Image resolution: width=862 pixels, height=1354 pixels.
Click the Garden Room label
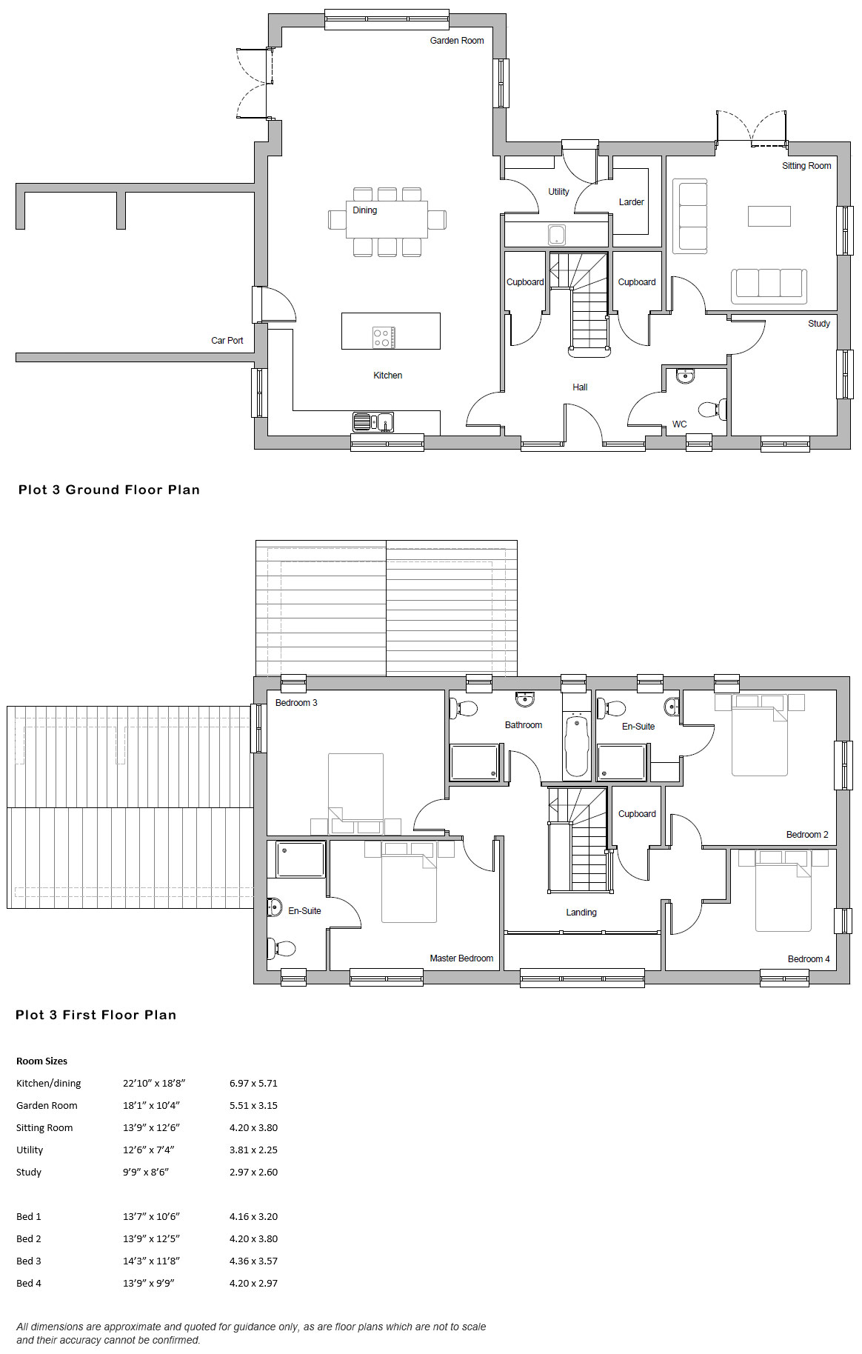point(457,41)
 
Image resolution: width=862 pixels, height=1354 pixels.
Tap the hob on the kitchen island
point(384,338)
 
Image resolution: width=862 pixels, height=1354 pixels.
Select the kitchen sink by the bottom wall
point(373,421)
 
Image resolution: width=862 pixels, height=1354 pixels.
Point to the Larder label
point(631,202)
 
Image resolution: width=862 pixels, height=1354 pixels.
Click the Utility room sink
point(557,236)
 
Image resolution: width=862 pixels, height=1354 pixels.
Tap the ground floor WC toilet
point(712,409)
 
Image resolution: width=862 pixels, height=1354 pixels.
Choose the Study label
point(819,324)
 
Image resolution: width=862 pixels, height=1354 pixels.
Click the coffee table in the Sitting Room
point(769,216)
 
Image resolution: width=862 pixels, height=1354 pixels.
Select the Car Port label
point(227,341)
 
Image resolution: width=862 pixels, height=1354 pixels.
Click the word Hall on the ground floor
point(580,387)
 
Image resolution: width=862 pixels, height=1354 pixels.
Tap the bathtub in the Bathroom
point(576,744)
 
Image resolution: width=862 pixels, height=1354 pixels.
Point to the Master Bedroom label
point(461,958)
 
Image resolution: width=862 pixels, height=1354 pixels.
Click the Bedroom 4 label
point(809,959)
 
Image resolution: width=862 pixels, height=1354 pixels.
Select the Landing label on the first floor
point(581,913)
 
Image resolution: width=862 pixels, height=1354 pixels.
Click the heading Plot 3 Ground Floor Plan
point(109,490)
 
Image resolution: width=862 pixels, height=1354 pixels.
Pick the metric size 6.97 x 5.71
point(253,1083)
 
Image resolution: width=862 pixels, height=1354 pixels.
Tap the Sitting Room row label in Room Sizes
point(44,1127)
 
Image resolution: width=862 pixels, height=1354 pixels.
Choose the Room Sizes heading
point(41,1061)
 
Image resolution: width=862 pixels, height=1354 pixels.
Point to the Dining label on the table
point(364,210)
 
